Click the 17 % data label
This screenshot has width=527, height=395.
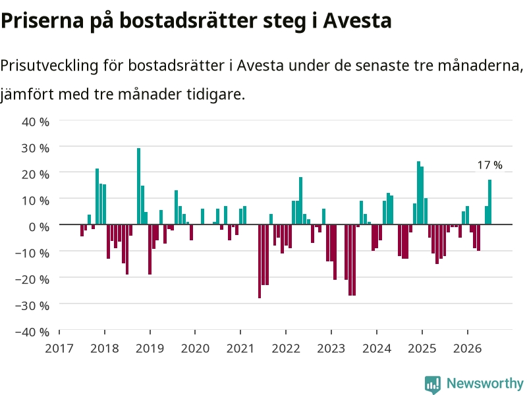(489, 165)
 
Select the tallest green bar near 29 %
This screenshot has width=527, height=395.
(138, 186)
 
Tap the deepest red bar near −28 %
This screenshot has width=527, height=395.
(260, 261)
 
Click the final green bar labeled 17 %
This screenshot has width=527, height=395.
(489, 202)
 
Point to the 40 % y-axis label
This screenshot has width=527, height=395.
(36, 122)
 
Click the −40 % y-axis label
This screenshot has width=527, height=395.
(32, 332)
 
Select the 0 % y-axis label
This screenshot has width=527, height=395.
(39, 227)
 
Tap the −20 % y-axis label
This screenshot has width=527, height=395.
(32, 279)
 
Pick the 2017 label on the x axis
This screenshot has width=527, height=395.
(59, 348)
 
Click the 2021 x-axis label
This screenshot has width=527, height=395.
(240, 348)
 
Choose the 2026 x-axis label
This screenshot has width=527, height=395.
(468, 348)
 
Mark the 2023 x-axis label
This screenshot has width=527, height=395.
(331, 348)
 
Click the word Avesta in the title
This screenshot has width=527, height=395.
(357, 20)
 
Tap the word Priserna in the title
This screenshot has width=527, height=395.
(42, 20)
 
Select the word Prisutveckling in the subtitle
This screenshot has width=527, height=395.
(49, 65)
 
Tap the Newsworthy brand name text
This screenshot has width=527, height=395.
(485, 383)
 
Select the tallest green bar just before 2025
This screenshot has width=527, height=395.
(418, 193)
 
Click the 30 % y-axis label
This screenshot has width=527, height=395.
(36, 148)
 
